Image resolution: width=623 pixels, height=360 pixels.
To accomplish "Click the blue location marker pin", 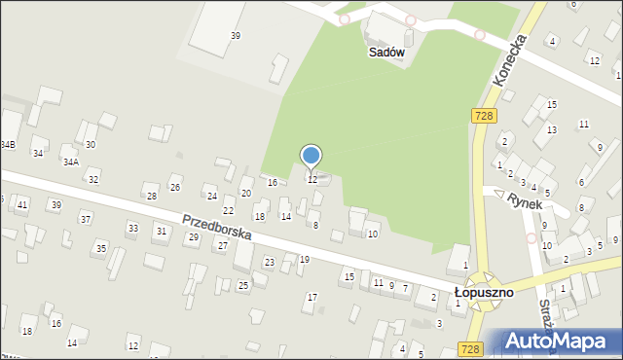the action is [x=311, y=157].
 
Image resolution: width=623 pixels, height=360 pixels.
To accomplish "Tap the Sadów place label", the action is [x=385, y=54].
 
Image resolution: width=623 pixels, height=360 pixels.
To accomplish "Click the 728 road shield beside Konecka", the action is [x=483, y=116].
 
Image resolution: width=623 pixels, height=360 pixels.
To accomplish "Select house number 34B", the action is [x=8, y=144].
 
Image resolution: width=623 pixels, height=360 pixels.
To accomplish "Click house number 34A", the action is [x=71, y=162].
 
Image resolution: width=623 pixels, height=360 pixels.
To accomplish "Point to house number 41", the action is [x=22, y=204].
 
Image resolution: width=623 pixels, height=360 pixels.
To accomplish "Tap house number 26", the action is [x=175, y=188].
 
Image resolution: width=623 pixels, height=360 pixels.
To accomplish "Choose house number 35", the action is [x=100, y=249].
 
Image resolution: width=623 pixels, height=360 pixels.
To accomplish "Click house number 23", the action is [x=270, y=263].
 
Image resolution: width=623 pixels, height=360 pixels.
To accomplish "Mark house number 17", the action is [x=311, y=297].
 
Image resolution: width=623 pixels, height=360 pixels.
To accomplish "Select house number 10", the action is [x=372, y=234].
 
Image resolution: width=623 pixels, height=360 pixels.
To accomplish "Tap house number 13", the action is [x=551, y=129].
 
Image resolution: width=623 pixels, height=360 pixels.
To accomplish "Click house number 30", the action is [x=91, y=144].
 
